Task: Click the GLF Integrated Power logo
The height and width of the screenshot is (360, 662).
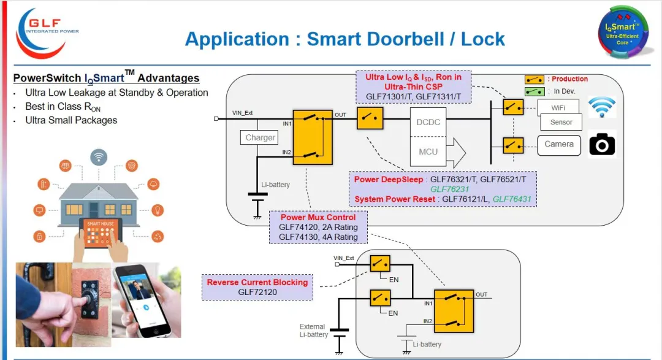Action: click(x=48, y=32)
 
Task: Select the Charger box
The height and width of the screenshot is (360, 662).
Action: click(x=261, y=138)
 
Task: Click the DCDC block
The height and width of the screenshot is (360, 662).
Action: click(x=428, y=122)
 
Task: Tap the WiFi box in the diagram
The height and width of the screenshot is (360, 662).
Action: click(x=558, y=108)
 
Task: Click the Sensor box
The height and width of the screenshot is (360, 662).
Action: click(x=561, y=122)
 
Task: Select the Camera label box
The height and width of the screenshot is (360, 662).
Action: click(x=559, y=144)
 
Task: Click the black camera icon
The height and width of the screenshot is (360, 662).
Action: click(x=602, y=144)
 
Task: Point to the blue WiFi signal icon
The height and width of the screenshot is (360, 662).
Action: click(x=601, y=107)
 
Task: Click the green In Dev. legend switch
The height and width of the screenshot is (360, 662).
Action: click(x=534, y=91)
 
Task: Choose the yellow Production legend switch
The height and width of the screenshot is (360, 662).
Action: click(x=534, y=79)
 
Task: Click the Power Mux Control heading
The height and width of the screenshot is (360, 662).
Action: click(x=317, y=217)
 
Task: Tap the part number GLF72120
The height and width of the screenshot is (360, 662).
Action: click(x=257, y=292)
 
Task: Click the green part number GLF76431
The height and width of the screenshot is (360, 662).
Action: click(x=512, y=199)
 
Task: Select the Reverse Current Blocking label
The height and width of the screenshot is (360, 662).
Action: click(x=257, y=282)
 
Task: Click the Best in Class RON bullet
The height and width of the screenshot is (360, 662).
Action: click(x=63, y=107)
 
